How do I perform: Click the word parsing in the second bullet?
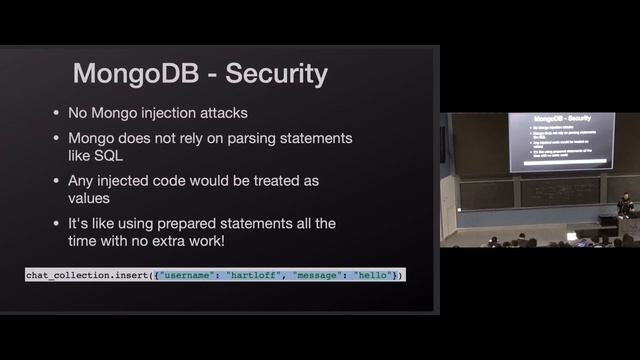click(242, 137)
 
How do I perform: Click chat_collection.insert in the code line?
click(86, 275)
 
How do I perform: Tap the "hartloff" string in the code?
click(256, 275)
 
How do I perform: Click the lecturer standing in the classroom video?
click(626, 203)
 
